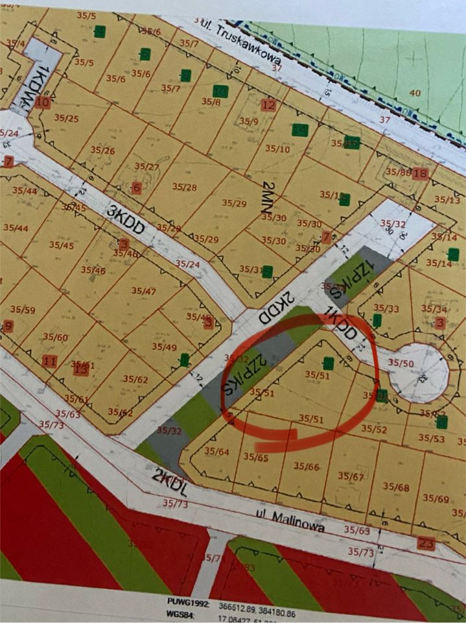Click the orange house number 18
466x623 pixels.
420,173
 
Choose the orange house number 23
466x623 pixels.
426,543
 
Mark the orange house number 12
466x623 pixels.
268,105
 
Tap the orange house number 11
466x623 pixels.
49,361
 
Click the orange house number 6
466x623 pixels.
136,188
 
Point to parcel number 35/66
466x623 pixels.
306,467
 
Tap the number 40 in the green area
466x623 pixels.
415,93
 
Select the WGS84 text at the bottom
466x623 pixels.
181,614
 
